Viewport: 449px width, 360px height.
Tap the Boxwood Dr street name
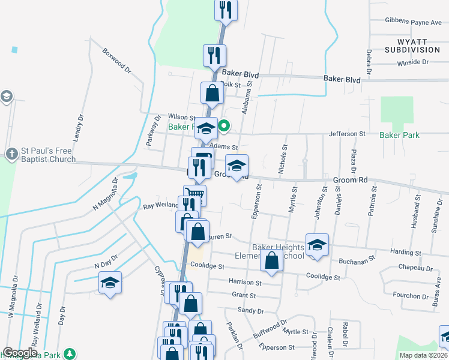[x=116, y=61]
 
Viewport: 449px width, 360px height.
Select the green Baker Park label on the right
[x=399, y=135]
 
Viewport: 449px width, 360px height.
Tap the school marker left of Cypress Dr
[x=110, y=283]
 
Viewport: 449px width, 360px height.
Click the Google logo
[x=20, y=353]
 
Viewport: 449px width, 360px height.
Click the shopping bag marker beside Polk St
[x=212, y=94]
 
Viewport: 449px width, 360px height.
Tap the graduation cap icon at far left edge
[x=6, y=97]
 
